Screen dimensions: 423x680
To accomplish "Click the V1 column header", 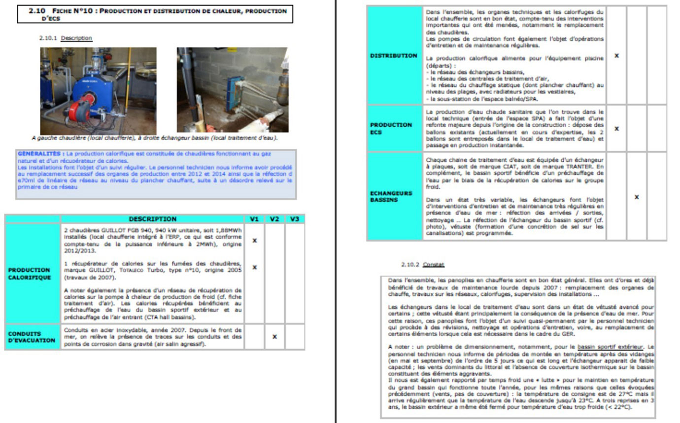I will (x=254, y=219).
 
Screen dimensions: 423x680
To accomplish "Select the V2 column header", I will (x=274, y=219).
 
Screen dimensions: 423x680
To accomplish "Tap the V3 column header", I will (x=295, y=219).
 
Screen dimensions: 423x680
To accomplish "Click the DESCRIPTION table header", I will (x=152, y=219).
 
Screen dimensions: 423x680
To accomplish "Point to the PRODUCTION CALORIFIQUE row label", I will (x=29, y=274).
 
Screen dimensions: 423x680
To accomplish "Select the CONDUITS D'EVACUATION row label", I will (x=32, y=337).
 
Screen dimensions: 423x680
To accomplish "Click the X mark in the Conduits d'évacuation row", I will (x=274, y=337).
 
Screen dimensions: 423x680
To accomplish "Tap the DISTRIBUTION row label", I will (x=394, y=56).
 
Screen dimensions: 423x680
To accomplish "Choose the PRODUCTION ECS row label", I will (x=391, y=129).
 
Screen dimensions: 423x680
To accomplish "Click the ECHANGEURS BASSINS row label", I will (x=391, y=197).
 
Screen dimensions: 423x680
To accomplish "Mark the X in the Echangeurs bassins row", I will (x=637, y=197).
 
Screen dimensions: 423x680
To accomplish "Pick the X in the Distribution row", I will (x=616, y=56).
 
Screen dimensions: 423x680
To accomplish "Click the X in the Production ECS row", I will (x=616, y=129).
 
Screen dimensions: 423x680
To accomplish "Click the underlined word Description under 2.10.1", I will (x=76, y=38).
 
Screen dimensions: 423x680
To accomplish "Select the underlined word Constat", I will (x=434, y=265).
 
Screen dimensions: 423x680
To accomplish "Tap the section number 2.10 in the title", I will (x=37, y=10).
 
